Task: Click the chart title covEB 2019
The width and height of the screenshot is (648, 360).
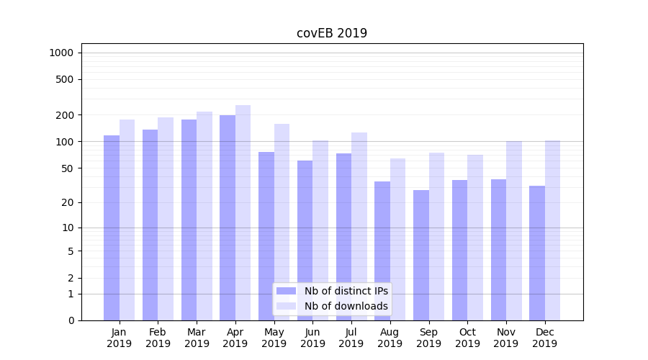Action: pos(332,33)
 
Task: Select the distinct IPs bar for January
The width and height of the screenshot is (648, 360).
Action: pos(112,228)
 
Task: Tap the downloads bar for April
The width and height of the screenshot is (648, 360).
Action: pos(243,212)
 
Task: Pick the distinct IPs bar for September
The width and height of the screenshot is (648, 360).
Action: pos(421,255)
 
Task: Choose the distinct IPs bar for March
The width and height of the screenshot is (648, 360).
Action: pos(189,220)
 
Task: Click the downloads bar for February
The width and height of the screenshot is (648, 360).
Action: pos(166,219)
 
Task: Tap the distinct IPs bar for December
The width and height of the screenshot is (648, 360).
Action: pos(537,253)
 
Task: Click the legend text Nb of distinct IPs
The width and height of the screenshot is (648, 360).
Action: pos(346,291)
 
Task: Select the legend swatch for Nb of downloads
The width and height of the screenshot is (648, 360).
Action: pos(286,306)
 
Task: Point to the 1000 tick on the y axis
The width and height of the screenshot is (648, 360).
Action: pos(61,53)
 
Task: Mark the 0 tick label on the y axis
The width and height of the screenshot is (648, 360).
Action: pos(71,320)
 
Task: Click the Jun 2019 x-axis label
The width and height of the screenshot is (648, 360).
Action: pos(312,338)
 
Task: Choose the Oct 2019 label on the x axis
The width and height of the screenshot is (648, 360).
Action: pos(467,338)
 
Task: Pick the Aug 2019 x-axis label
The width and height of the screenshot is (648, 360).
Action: pos(390,338)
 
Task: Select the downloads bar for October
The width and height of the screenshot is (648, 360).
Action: pos(475,238)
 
